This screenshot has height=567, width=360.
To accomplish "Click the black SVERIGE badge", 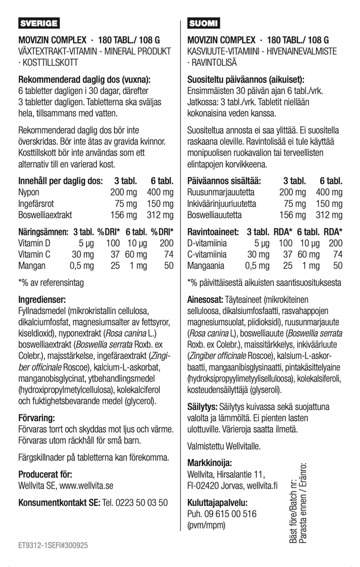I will point(39,24).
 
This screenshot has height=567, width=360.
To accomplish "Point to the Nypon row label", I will point(29,192).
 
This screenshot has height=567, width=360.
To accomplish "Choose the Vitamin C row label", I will point(35,254).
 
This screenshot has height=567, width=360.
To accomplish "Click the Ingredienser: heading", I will point(43,299).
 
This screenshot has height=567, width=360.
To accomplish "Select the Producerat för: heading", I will point(45,474).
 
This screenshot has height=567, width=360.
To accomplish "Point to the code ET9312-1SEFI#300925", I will point(53,545).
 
